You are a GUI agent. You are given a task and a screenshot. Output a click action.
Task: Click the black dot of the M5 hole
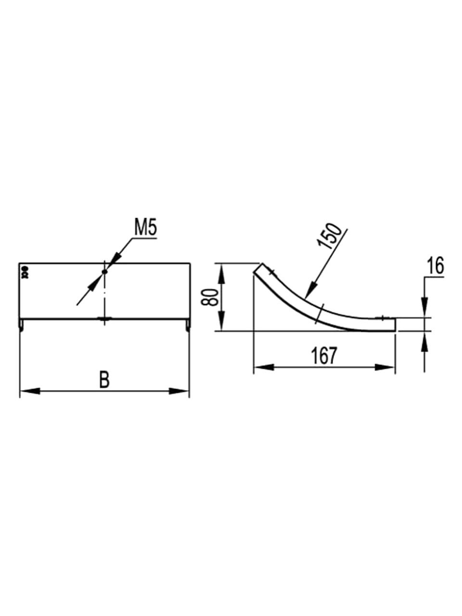104,272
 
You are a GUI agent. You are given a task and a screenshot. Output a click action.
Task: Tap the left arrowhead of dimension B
30,391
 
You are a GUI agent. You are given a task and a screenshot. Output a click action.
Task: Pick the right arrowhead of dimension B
178,391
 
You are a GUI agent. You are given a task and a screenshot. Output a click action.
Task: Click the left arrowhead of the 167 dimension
264,367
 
